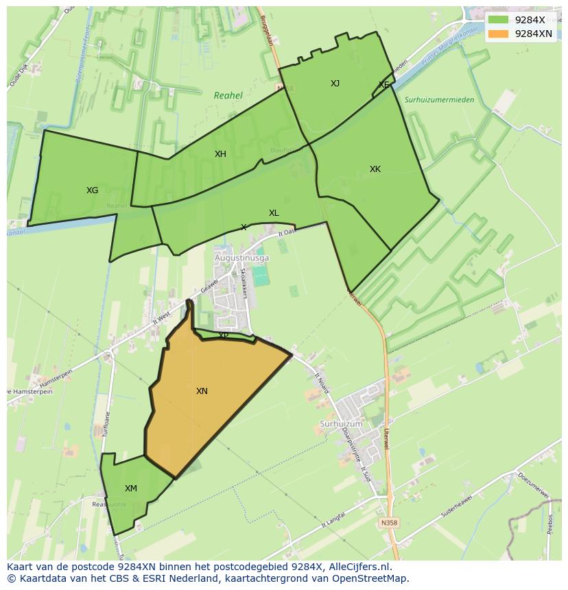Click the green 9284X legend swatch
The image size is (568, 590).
(499, 19)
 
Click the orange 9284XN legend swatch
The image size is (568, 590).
(499, 33)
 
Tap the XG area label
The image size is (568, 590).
(92, 190)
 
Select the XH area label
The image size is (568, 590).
(220, 154)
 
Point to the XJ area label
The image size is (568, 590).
(335, 84)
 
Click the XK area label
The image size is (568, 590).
(375, 169)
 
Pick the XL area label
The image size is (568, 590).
(274, 213)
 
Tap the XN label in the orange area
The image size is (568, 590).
(202, 391)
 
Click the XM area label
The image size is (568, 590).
(130, 489)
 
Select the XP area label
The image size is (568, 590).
(224, 336)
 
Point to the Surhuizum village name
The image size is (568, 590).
(341, 424)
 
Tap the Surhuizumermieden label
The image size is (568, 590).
(439, 100)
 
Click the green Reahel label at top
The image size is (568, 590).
(228, 96)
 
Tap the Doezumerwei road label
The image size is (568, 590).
(534, 484)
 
